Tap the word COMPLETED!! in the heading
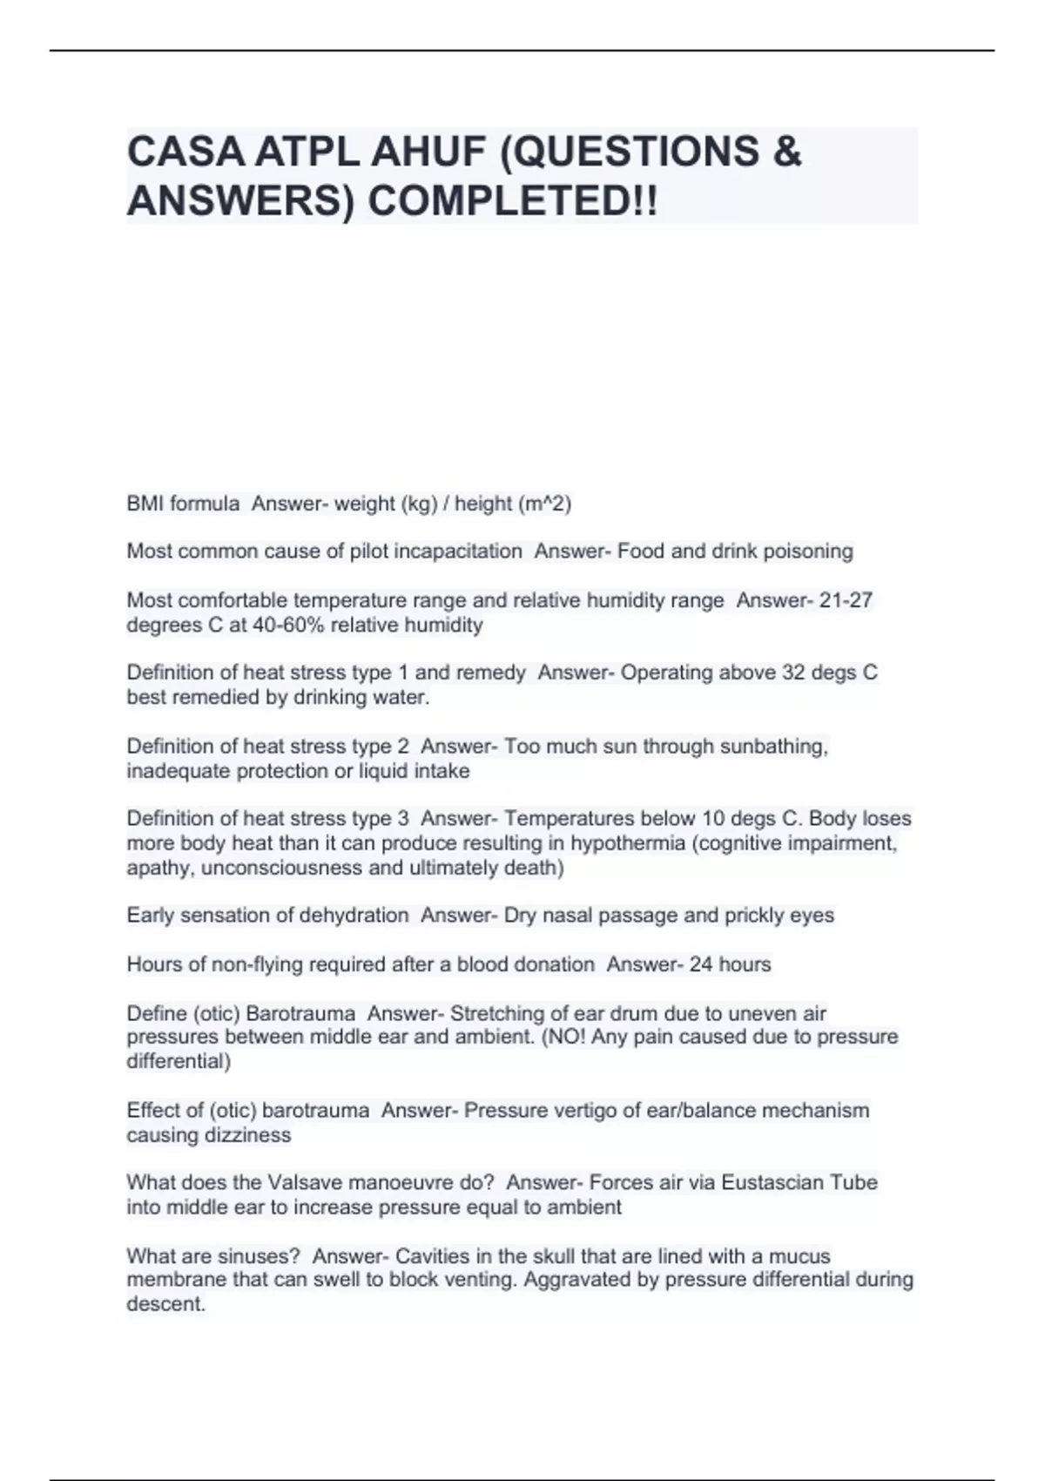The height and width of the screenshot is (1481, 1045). pos(513,203)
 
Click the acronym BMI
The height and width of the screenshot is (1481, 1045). pos(145,504)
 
